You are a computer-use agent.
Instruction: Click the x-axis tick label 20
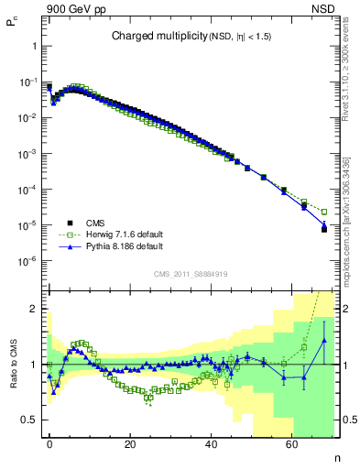click(x=130, y=443)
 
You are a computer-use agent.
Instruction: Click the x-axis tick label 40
click(x=211, y=443)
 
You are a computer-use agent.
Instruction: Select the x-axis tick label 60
click(x=291, y=443)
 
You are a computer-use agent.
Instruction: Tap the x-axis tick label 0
click(x=49, y=443)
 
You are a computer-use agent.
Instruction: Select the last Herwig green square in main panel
click(x=324, y=212)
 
